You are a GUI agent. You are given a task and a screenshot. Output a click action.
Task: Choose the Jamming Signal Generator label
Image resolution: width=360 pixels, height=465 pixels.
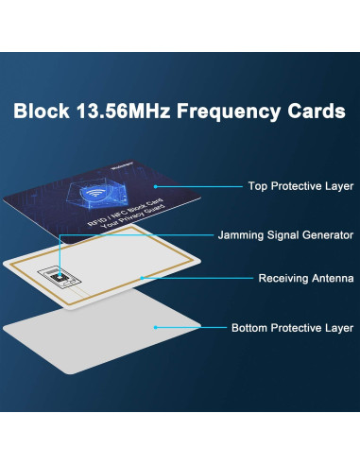[x=286, y=233]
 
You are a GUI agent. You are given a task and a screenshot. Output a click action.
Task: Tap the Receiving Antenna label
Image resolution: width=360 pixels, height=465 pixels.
[x=306, y=279]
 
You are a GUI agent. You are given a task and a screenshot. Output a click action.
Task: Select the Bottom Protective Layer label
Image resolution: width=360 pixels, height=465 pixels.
[x=293, y=328]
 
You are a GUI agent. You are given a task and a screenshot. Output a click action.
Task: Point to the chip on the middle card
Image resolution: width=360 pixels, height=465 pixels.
[x=60, y=277]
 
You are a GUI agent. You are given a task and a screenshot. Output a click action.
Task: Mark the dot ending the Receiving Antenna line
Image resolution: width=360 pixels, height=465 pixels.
[x=141, y=278]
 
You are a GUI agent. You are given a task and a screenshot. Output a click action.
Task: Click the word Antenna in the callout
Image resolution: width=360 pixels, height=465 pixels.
[x=332, y=279]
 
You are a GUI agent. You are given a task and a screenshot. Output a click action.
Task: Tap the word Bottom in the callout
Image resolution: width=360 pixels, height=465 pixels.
[x=251, y=328]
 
